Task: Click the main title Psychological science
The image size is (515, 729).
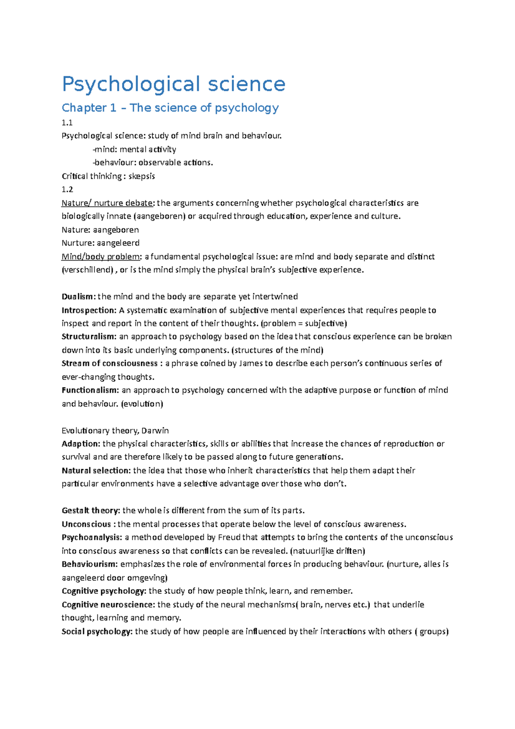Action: [173, 84]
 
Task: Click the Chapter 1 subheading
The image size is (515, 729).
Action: [170, 108]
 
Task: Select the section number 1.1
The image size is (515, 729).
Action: [67, 123]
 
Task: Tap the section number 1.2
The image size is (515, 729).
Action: [67, 189]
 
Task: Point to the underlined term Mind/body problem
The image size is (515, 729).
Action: [101, 257]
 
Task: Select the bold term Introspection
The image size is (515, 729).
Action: [88, 310]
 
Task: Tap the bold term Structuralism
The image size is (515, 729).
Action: [88, 337]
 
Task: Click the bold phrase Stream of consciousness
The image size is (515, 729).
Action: [110, 364]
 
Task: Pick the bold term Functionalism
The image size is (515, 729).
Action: [90, 390]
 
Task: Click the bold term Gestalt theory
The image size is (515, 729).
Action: [91, 511]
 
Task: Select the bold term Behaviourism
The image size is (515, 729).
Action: [89, 564]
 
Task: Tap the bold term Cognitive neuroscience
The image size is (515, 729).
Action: [108, 605]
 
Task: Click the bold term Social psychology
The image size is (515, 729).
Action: [97, 632]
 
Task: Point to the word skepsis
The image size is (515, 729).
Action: [142, 176]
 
